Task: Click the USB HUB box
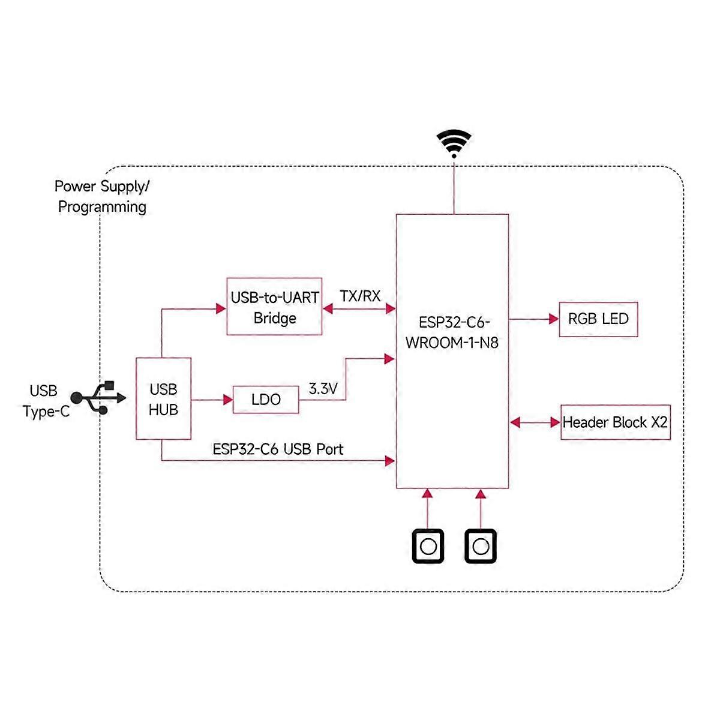(x=163, y=399)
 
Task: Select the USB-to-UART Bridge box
(x=274, y=307)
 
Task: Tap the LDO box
(x=266, y=400)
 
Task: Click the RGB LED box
(x=598, y=319)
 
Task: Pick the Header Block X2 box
(x=615, y=422)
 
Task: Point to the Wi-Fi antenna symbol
(x=454, y=143)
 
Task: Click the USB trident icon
(x=98, y=398)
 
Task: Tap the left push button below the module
(x=428, y=546)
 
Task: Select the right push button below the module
(x=481, y=546)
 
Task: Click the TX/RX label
(x=360, y=296)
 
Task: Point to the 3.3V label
(x=323, y=389)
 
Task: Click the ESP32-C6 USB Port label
(x=278, y=449)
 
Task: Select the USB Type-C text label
(x=45, y=401)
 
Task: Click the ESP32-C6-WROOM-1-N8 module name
(x=453, y=332)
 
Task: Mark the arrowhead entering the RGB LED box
(x=554, y=319)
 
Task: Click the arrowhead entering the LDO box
(x=228, y=400)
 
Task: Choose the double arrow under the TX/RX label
(x=359, y=308)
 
